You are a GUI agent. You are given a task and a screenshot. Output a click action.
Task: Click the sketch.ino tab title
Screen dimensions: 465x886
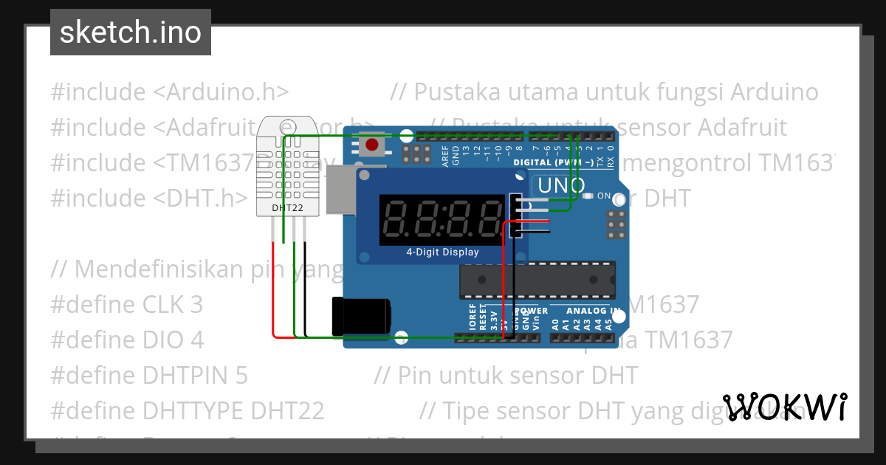[131, 32]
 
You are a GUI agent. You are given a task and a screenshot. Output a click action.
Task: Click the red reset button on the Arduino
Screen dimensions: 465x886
[372, 144]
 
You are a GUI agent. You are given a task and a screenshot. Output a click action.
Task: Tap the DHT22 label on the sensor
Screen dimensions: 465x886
[286, 207]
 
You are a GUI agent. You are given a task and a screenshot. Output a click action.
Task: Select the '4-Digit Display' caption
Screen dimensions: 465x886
[442, 252]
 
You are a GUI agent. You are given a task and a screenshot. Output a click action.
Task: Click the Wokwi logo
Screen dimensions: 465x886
[785, 407]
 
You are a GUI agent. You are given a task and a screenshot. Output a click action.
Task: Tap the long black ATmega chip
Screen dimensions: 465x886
[537, 280]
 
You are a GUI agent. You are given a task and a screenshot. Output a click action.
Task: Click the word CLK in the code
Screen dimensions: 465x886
[162, 305]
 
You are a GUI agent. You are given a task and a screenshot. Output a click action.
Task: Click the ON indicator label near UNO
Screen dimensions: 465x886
[603, 196]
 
